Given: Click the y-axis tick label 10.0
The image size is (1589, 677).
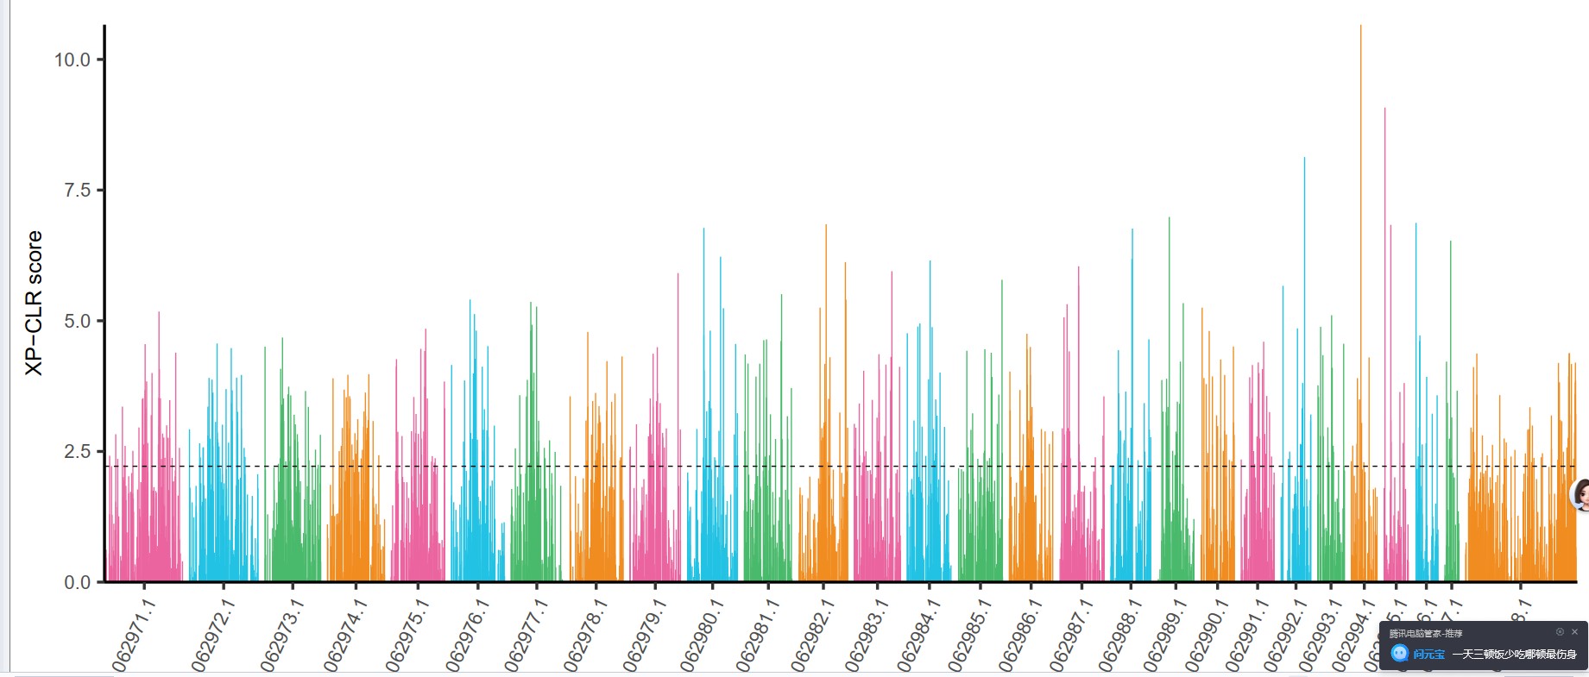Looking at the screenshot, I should click(x=72, y=60).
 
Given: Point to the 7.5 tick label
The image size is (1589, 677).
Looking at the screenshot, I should click(x=77, y=190).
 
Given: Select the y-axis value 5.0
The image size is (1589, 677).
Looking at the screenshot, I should click(x=77, y=321).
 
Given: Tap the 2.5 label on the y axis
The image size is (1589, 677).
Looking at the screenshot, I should click(x=77, y=452).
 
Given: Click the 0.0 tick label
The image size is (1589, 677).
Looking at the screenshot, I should click(x=77, y=582).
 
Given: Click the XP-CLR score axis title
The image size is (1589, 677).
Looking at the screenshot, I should click(x=34, y=303).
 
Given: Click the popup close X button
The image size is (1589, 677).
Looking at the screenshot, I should click(x=1574, y=632).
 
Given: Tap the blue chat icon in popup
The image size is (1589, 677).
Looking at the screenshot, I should click(x=1400, y=654).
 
